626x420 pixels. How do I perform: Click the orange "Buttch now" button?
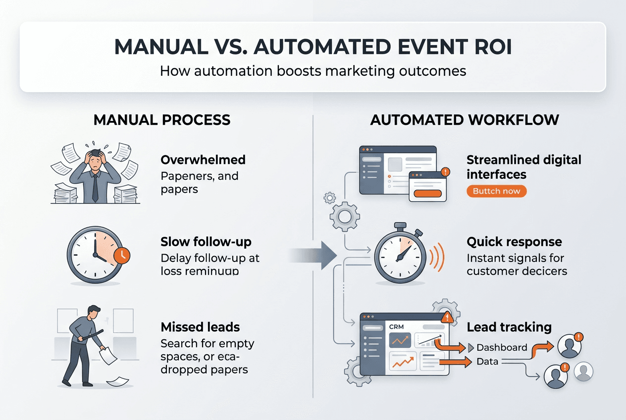[x=496, y=191]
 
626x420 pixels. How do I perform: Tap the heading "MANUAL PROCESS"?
[x=162, y=120]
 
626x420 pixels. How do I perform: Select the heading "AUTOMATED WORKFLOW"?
[x=465, y=120]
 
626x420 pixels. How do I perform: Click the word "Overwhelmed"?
[x=203, y=160]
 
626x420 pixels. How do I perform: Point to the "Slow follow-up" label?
[x=206, y=242]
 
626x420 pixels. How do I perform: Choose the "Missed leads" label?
[x=200, y=327]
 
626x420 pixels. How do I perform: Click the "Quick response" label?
[x=514, y=242]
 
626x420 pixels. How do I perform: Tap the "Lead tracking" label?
[x=509, y=327]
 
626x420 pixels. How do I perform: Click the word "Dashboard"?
[x=502, y=347]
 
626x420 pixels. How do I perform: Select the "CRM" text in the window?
[x=397, y=327]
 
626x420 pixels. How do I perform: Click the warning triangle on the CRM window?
[x=448, y=317]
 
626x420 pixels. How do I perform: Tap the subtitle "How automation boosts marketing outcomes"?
[x=313, y=71]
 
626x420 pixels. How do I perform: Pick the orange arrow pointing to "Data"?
[x=455, y=363]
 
